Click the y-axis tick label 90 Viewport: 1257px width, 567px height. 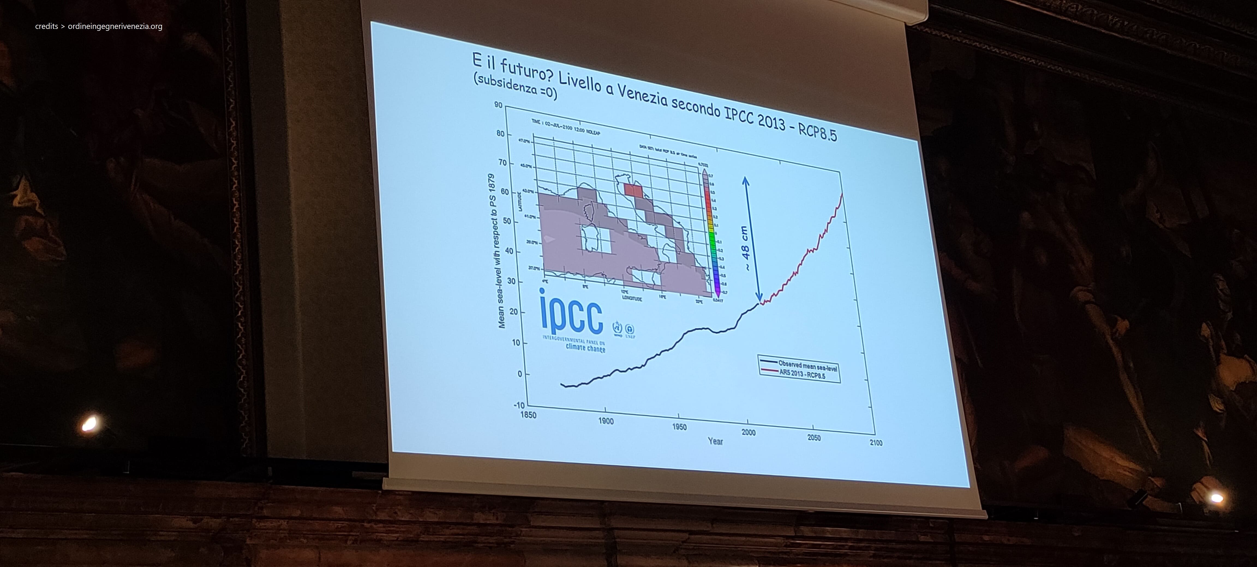click(498, 105)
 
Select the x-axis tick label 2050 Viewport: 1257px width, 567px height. click(813, 437)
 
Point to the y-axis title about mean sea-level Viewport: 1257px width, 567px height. click(496, 251)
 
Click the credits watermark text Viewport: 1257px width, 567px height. click(98, 26)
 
